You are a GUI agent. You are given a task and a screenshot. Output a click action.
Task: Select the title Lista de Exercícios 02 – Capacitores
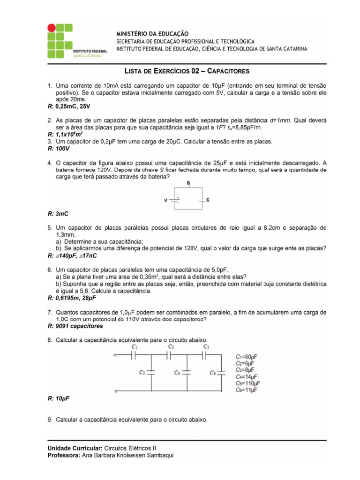pyautogui.click(x=187, y=71)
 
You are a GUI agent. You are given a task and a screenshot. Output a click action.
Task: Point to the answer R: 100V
pyautogui.click(x=59, y=148)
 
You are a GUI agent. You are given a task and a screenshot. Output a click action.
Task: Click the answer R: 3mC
pyautogui.click(x=58, y=214)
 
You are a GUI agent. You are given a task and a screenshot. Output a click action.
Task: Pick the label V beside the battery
pyautogui.click(x=165, y=200)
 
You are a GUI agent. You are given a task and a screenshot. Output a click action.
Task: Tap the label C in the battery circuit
pyautogui.click(x=208, y=200)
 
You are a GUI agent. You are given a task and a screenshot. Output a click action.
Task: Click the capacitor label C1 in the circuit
pyautogui.click(x=135, y=346)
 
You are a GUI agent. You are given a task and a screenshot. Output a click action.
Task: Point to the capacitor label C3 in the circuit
pyautogui.click(x=171, y=346)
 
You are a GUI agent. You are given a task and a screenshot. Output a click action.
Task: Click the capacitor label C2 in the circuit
pyautogui.click(x=142, y=372)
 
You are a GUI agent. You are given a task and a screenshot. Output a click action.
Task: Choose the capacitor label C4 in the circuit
pyautogui.click(x=177, y=373)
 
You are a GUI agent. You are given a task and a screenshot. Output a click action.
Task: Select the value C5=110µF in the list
pyautogui.click(x=248, y=383)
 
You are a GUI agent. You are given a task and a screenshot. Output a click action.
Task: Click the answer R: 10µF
pyautogui.click(x=59, y=398)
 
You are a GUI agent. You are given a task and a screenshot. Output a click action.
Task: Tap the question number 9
pyautogui.click(x=50, y=420)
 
